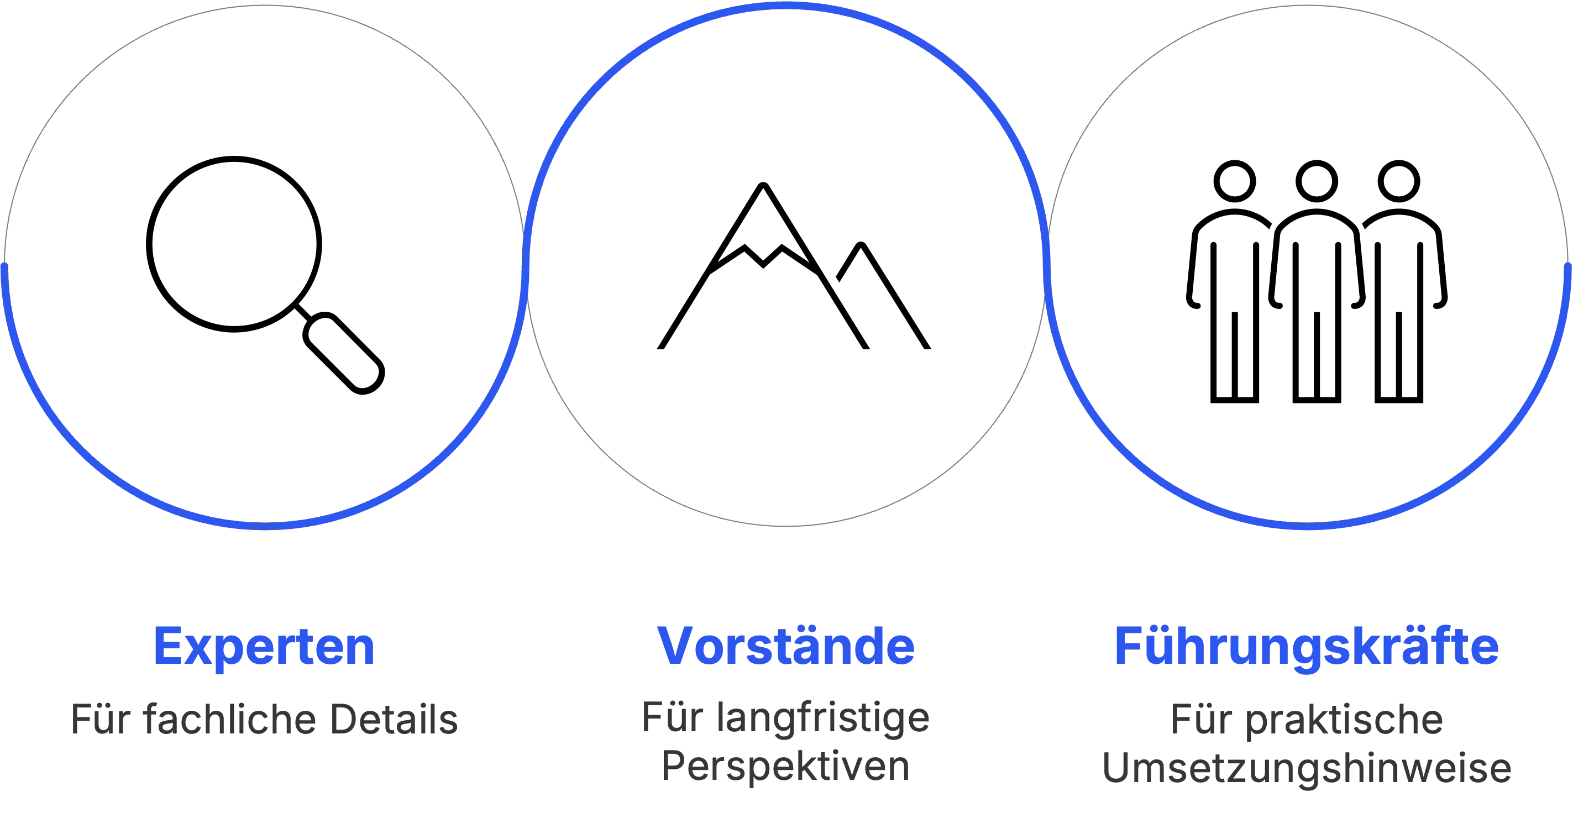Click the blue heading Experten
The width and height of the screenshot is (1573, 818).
click(264, 647)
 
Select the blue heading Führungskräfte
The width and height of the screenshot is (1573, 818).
click(1307, 647)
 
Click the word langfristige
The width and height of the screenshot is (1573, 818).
click(822, 719)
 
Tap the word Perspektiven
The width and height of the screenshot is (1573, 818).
click(786, 767)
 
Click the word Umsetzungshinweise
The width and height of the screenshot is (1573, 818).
click(1307, 768)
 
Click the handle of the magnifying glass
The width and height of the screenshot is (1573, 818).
click(344, 353)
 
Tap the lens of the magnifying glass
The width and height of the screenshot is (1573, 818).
click(234, 244)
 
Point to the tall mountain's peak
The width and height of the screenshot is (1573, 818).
click(763, 185)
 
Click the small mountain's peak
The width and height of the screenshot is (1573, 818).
click(861, 245)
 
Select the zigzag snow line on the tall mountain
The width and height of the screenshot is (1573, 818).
click(763, 259)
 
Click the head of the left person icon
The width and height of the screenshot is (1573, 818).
click(1235, 181)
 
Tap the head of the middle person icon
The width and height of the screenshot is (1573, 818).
click(1317, 181)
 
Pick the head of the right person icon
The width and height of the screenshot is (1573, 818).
click(1399, 181)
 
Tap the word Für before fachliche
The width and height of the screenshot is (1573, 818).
click(101, 719)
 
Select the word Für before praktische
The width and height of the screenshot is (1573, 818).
click(1201, 719)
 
